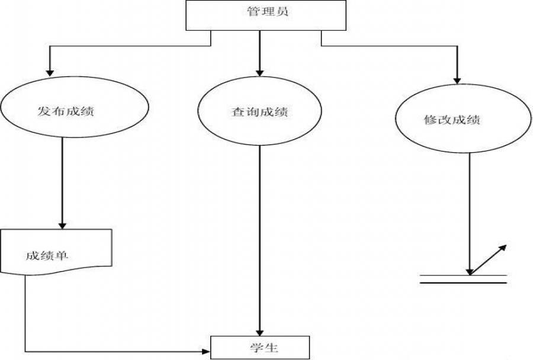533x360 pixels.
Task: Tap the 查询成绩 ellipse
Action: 260,112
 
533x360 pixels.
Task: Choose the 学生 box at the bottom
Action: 260,346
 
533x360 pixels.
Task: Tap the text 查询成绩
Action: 259,111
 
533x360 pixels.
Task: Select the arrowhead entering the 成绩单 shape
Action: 62,225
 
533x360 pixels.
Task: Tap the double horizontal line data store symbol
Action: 463,279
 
